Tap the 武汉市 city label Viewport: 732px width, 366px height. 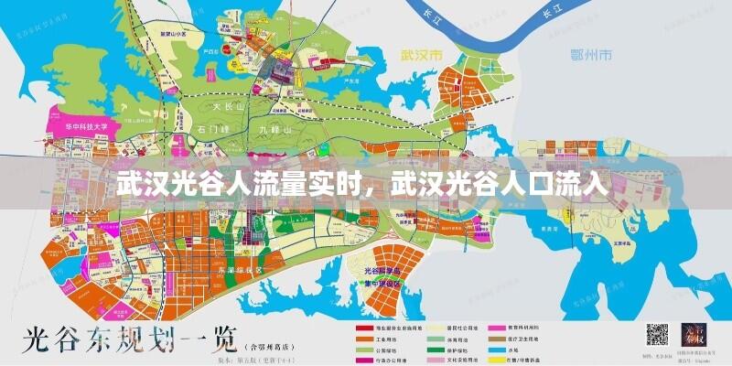(x=420, y=53)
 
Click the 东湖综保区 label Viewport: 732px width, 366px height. (x=241, y=272)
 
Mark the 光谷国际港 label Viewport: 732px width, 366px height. (x=383, y=272)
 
